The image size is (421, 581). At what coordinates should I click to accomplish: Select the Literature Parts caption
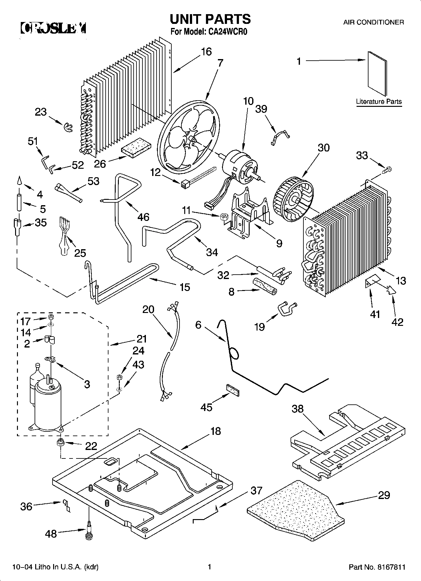(x=379, y=101)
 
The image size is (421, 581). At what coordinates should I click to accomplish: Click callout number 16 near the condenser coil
(x=206, y=52)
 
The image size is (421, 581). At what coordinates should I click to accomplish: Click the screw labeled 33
(x=387, y=170)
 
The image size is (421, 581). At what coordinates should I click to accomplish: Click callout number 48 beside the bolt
(x=51, y=534)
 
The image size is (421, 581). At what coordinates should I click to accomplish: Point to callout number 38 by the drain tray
(x=297, y=409)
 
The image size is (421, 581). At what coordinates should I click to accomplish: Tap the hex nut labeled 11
(x=224, y=216)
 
